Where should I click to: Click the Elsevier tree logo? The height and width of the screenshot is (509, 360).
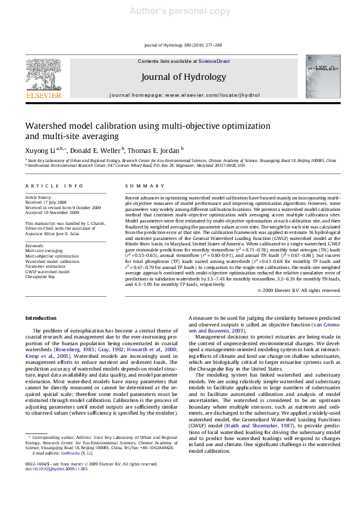coord(42,73)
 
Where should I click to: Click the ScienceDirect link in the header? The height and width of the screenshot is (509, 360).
coord(214,62)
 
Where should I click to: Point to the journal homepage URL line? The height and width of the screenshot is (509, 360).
coord(179,96)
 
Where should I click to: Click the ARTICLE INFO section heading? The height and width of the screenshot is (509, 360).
coord(54,186)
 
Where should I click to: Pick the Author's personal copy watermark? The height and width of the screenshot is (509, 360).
coord(179,11)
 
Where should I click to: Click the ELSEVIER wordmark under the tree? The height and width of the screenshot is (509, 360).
coord(42,95)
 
